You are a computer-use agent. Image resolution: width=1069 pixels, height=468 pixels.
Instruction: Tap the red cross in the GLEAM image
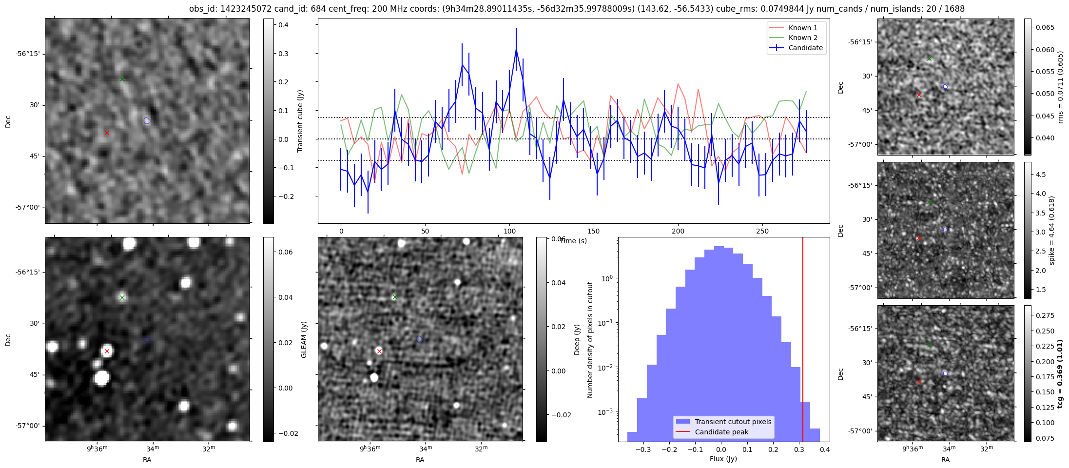click(x=107, y=351)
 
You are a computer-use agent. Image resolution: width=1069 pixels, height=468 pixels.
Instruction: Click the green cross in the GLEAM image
click(x=122, y=297)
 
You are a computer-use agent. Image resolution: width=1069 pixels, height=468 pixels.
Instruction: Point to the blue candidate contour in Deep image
click(x=420, y=339)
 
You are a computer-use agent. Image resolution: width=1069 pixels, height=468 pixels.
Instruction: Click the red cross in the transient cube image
click(x=107, y=133)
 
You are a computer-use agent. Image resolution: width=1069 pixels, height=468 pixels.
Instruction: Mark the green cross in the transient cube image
click(x=122, y=79)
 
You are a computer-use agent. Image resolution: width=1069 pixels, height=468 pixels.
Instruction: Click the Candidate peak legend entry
click(x=721, y=432)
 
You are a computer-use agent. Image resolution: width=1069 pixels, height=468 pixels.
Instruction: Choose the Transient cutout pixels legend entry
click(x=733, y=422)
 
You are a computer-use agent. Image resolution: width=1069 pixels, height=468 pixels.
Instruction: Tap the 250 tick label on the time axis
click(x=762, y=231)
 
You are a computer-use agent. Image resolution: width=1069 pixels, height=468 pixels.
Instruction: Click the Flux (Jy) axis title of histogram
click(x=723, y=459)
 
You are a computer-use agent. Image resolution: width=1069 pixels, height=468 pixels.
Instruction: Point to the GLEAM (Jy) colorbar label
click(x=304, y=339)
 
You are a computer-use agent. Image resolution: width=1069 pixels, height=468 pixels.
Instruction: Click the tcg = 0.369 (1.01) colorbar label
click(x=1059, y=373)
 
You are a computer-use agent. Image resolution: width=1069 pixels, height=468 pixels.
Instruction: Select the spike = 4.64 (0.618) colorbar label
click(x=1051, y=230)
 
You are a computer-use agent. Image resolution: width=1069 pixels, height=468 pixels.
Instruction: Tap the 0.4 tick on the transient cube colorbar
click(x=283, y=25)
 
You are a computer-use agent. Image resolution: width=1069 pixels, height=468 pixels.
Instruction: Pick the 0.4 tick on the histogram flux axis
click(x=824, y=449)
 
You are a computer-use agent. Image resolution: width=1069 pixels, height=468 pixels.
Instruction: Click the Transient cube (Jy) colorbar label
click(x=300, y=121)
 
